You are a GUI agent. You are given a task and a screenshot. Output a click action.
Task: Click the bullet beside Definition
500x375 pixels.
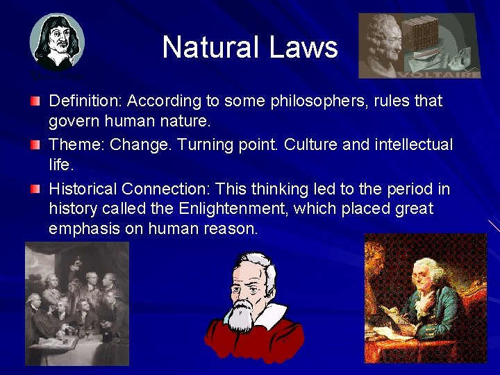pos(35,102)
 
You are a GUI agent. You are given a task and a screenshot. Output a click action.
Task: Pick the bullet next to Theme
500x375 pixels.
pos(35,145)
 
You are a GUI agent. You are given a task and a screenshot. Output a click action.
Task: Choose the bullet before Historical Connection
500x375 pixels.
pos(35,189)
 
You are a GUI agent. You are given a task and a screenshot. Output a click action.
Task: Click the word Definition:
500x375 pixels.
pos(85,101)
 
